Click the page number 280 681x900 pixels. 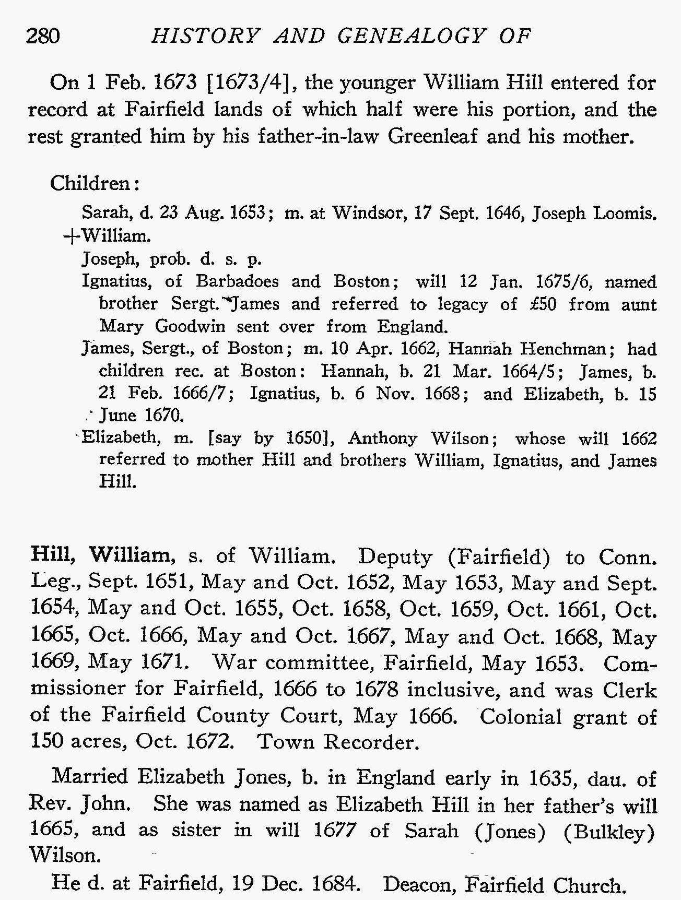point(43,36)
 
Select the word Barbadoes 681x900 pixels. point(237,281)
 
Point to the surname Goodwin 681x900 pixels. point(190,326)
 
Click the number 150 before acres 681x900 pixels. point(47,741)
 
